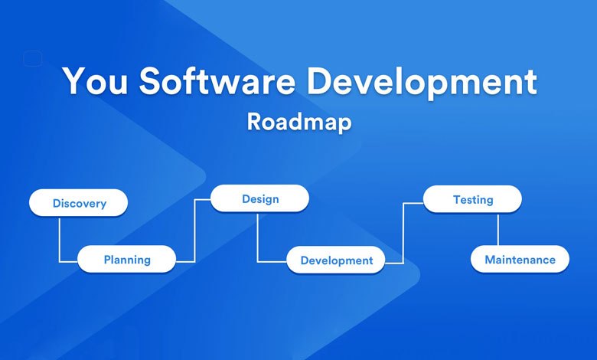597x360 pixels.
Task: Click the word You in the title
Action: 95,80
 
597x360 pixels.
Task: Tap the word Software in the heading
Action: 217,80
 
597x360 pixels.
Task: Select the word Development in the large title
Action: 422,83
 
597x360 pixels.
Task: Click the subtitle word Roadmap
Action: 299,123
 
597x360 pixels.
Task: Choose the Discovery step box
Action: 78,203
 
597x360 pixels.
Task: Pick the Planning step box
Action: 127,260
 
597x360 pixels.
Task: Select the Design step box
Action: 259,198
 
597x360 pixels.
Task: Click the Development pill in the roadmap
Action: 336,260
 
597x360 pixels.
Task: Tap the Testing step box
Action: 472,199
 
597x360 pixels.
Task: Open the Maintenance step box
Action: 520,260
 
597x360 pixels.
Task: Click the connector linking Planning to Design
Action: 195,231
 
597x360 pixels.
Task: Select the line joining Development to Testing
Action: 403,233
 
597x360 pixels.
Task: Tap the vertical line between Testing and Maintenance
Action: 497,229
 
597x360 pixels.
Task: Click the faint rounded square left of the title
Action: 32,58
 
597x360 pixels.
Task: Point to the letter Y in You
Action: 75,80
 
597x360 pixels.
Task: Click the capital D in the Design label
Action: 246,198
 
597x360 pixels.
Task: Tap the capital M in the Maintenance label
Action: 490,260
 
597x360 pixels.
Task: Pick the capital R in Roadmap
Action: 254,122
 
